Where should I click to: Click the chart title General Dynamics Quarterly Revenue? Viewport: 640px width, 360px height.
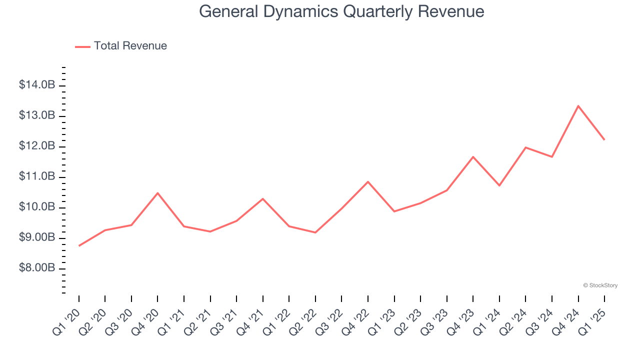coord(341,11)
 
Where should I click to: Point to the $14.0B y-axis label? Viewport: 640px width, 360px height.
coord(37,85)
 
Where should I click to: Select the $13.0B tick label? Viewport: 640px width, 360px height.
coord(37,116)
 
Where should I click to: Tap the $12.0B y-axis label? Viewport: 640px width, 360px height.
coord(37,146)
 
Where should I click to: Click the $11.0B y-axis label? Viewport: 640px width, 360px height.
coord(37,177)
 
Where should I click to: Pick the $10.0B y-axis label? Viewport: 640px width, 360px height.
coord(37,207)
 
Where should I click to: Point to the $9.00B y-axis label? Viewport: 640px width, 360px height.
coord(37,238)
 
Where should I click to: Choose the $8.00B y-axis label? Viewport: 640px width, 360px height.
coord(37,268)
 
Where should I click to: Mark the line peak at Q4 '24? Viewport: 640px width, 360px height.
coord(578,106)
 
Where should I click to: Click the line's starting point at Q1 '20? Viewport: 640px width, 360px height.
coord(79,245)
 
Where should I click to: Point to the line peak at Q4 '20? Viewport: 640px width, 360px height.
coord(157,193)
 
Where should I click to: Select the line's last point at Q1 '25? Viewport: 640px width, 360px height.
coord(604,139)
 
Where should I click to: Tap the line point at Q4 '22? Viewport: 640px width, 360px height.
coord(368,181)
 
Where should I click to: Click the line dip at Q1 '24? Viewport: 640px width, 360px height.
coord(499,185)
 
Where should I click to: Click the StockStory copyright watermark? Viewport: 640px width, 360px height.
coord(600,285)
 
